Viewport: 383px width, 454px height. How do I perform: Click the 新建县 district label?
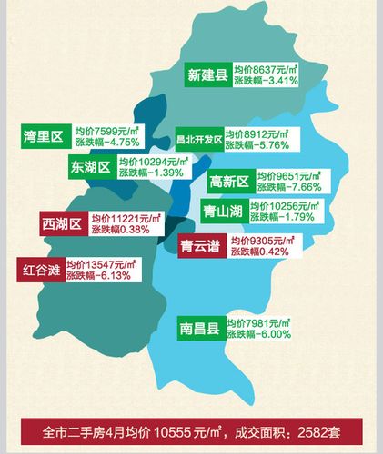pos(207,74)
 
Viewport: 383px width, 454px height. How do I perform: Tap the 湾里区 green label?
pos(43,137)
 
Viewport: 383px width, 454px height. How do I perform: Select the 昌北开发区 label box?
pos(199,139)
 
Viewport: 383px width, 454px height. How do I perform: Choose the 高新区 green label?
pos(229,182)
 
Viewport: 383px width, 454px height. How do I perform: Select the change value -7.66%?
pos(306,187)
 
